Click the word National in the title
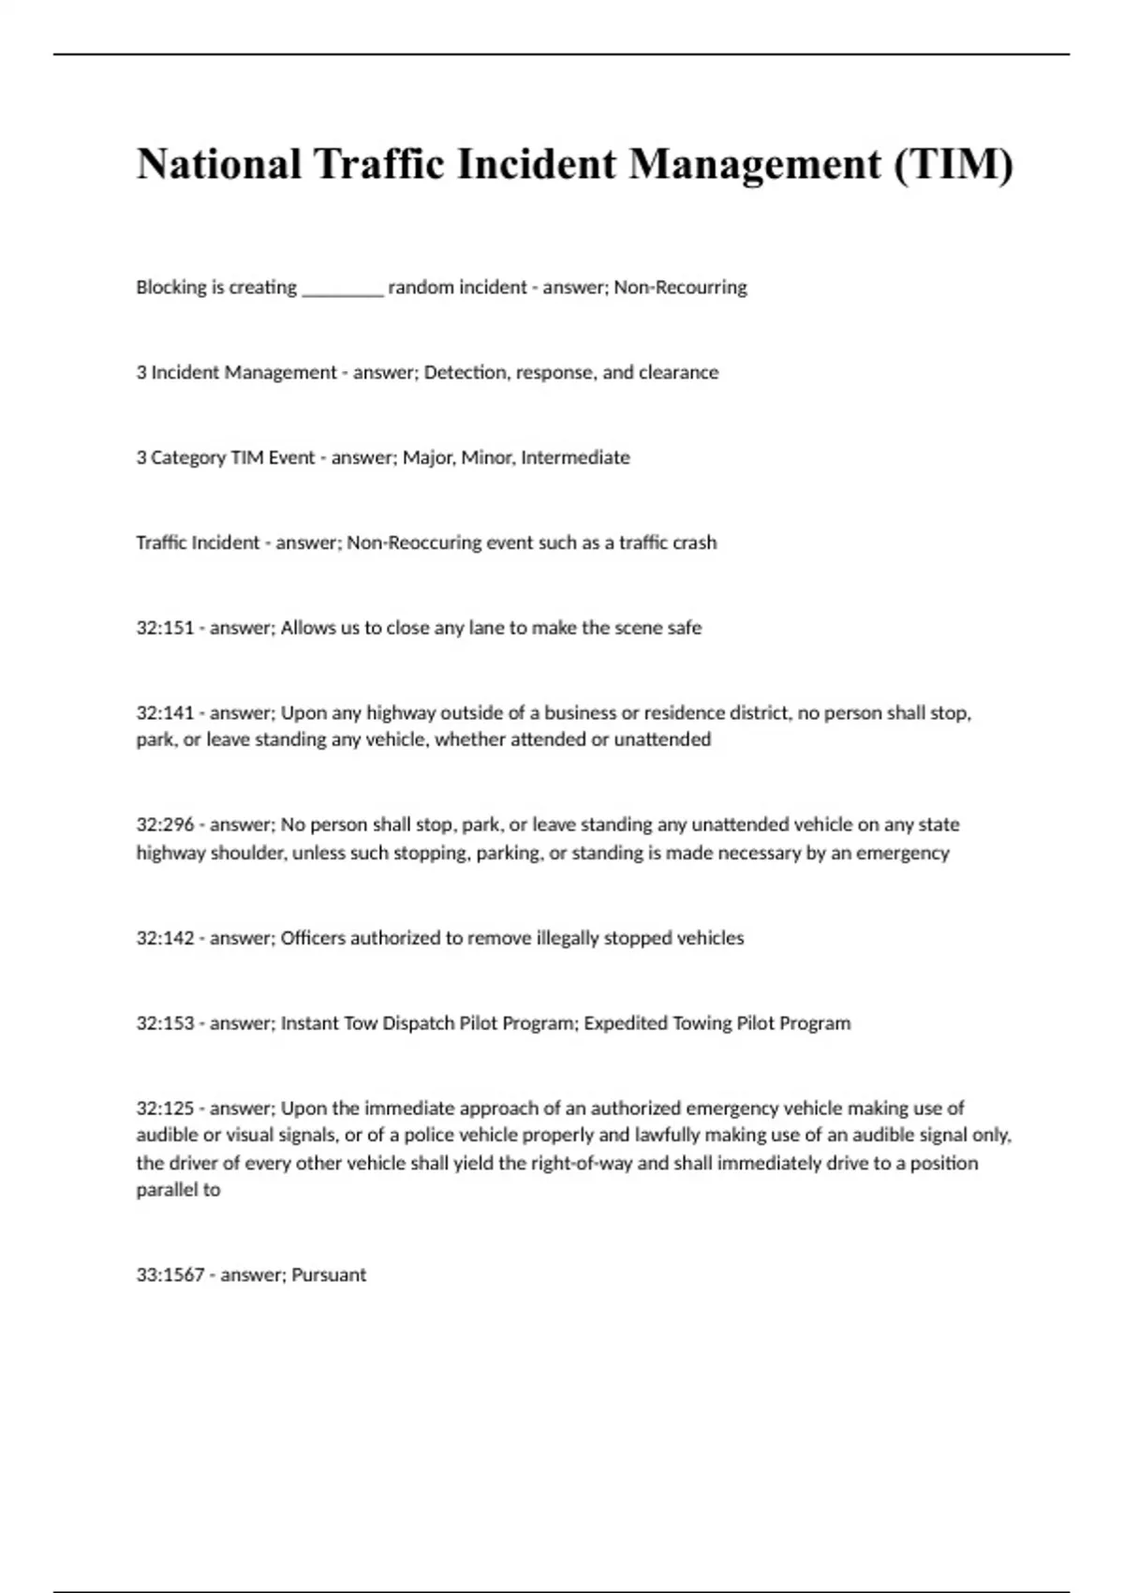click(219, 164)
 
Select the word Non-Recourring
click(680, 288)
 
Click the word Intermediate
click(575, 458)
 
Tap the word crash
click(694, 543)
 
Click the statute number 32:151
click(164, 629)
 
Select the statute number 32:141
click(164, 714)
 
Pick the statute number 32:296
click(164, 826)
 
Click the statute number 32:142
click(164, 939)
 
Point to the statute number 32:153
click(164, 1024)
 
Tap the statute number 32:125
click(164, 1109)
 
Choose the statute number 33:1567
click(170, 1275)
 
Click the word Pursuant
click(329, 1275)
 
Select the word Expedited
click(625, 1024)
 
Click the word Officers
click(313, 939)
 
